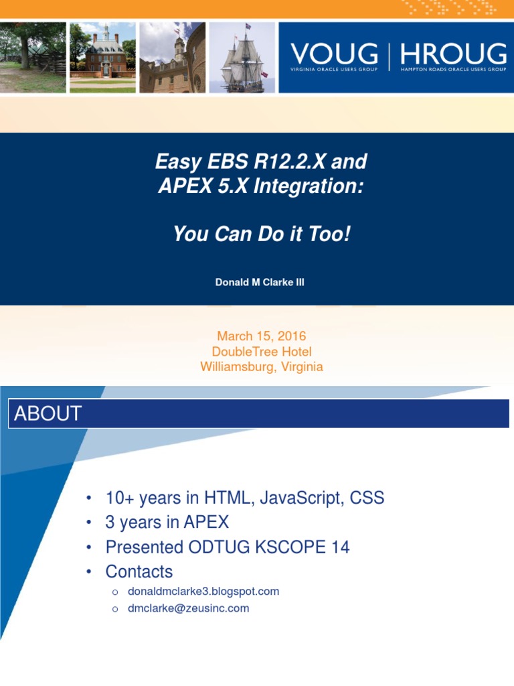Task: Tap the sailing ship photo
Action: (x=242, y=58)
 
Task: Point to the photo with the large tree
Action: (x=32, y=58)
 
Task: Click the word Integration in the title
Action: (x=313, y=187)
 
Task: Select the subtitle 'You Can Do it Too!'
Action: (x=261, y=234)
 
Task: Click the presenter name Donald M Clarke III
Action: (x=260, y=282)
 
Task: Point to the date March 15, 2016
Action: (x=262, y=336)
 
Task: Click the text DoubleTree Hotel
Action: (x=262, y=352)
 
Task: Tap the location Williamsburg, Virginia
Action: (x=262, y=366)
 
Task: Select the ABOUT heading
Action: (x=48, y=413)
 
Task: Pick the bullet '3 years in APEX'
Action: (x=167, y=523)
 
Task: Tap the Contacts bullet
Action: (x=139, y=571)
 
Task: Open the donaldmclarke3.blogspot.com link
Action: (x=203, y=592)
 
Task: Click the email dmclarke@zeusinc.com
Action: (x=188, y=608)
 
